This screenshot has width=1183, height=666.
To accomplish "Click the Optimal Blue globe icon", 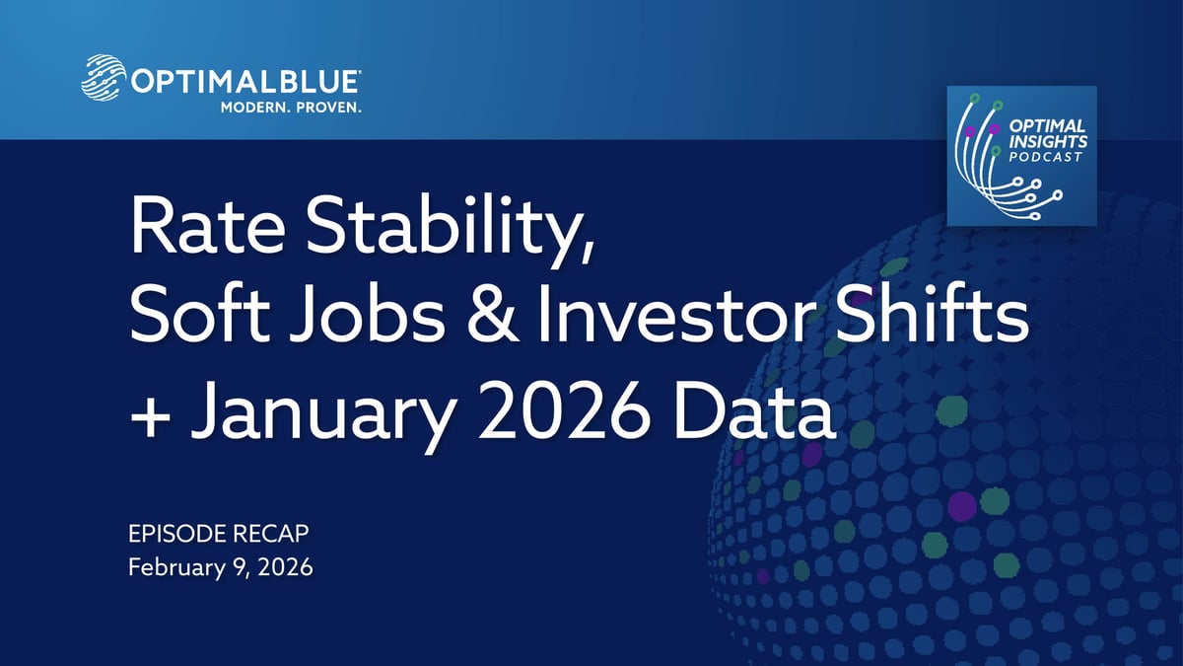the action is coord(104,77).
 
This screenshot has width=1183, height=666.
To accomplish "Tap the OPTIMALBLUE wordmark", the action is coord(245,83).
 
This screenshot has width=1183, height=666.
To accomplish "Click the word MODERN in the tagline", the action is coord(255,108).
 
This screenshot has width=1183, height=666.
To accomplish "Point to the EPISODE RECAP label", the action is coord(218,534).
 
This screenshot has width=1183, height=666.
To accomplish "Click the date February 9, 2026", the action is coord(220,567).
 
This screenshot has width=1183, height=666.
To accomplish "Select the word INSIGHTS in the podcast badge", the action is coord(1048,141).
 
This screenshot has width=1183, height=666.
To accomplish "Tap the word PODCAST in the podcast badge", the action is coord(1045,157).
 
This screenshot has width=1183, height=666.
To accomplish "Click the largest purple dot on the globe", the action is coord(961,506).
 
